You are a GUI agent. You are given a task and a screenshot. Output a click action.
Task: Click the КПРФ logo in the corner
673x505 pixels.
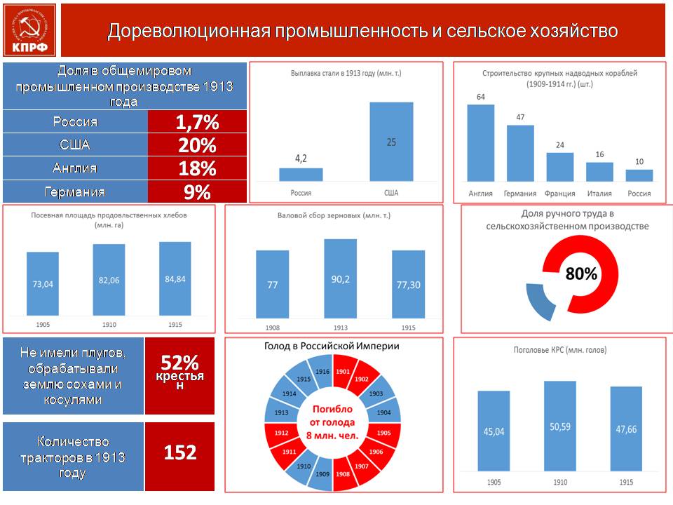click(x=29, y=30)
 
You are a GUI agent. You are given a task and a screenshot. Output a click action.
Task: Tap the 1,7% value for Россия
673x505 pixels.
click(x=198, y=122)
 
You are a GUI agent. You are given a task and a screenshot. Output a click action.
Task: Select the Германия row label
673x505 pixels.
click(x=75, y=191)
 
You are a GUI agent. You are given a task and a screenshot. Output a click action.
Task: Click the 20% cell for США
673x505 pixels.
click(x=198, y=145)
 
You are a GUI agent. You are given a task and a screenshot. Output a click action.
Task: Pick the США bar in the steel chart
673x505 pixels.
click(x=391, y=141)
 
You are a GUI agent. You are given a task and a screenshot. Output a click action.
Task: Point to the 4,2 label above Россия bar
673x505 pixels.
click(x=301, y=159)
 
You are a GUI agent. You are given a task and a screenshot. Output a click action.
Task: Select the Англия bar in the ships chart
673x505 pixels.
click(x=481, y=143)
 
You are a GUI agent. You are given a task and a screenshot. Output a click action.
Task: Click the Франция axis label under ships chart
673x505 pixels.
click(x=559, y=194)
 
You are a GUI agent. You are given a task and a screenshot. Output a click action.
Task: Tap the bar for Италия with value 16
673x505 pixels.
click(x=599, y=172)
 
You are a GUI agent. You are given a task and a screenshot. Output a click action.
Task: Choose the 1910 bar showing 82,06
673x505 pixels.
click(x=109, y=280)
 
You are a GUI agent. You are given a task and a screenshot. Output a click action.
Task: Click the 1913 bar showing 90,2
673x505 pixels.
click(x=341, y=278)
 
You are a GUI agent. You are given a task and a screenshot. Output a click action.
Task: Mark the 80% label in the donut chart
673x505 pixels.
click(x=581, y=274)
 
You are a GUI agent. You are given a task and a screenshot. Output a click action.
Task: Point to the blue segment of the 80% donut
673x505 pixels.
click(x=541, y=301)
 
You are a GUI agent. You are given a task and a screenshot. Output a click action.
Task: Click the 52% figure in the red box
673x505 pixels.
click(x=180, y=363)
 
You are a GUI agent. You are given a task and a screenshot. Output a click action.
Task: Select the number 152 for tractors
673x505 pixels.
click(x=180, y=452)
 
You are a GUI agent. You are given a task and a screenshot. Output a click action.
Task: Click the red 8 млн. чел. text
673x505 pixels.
click(x=332, y=436)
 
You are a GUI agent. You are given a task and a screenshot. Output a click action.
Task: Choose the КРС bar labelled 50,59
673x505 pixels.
click(x=560, y=426)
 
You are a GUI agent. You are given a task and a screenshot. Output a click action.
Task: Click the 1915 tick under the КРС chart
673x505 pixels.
click(x=626, y=483)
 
